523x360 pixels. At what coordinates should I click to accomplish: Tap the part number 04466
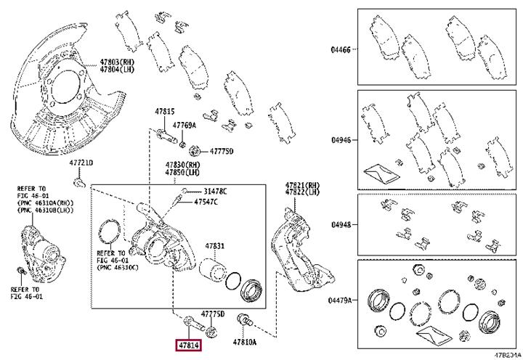click(x=341, y=50)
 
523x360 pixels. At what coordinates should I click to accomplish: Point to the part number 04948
click(x=341, y=225)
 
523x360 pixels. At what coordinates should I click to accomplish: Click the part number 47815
click(x=164, y=112)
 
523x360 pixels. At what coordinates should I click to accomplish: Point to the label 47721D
click(x=82, y=163)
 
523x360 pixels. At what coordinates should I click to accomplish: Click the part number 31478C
click(x=214, y=191)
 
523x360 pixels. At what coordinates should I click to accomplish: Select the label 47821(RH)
click(x=301, y=185)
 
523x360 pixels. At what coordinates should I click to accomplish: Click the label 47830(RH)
click(x=182, y=165)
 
